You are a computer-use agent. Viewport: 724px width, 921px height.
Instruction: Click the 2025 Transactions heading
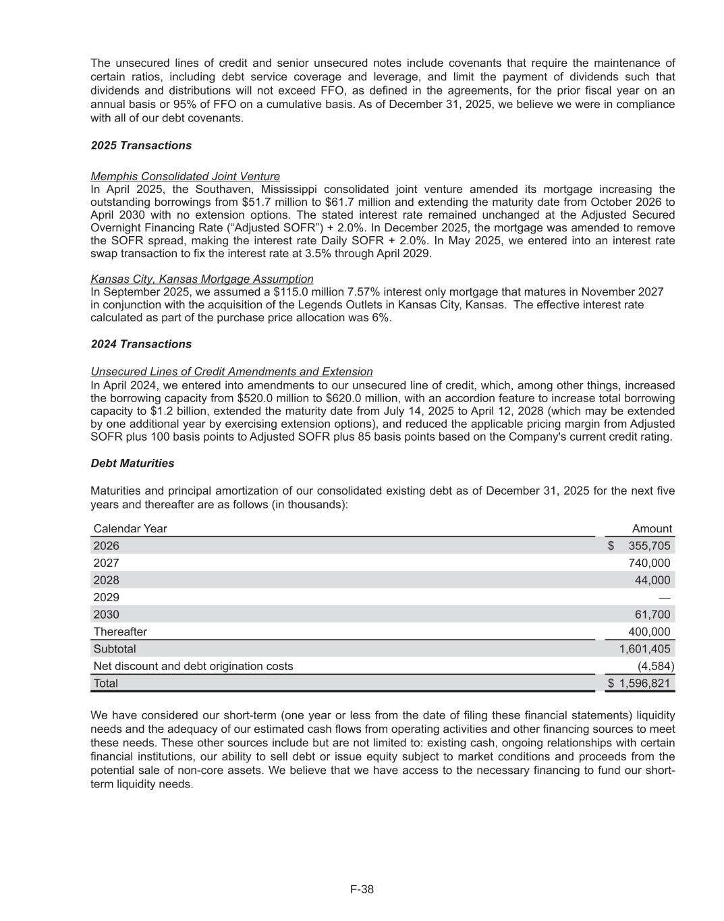141,146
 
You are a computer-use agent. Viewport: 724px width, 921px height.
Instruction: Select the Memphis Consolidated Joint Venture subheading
185,176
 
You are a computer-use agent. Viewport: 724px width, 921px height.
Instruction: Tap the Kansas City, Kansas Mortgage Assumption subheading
202,279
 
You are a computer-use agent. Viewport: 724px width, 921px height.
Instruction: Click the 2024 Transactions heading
141,344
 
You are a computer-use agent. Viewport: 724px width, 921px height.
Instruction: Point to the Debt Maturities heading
132,464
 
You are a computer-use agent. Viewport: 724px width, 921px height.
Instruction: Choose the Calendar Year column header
130,529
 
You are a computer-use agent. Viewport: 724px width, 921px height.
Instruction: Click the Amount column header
651,529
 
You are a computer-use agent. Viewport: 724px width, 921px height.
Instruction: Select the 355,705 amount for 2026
649,546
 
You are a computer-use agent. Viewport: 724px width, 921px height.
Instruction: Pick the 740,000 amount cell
649,563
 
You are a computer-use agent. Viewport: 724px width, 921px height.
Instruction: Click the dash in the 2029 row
665,598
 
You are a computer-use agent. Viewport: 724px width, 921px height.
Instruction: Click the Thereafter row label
120,632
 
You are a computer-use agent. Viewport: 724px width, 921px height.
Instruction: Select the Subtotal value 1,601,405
644,649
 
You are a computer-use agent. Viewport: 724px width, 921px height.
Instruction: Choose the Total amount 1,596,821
644,683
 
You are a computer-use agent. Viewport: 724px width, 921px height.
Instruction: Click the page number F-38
362,889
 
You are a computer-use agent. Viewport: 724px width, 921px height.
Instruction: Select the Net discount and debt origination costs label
193,667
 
